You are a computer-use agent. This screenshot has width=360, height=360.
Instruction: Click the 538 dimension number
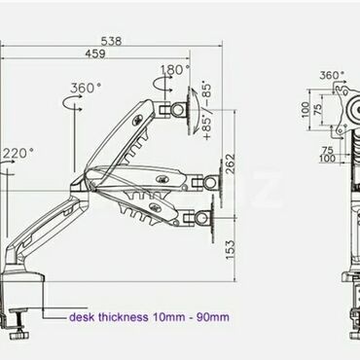point(111,41)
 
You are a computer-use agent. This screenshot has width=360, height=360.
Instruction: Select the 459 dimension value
point(95,54)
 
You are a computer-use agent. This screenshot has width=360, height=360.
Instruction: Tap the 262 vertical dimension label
point(230,163)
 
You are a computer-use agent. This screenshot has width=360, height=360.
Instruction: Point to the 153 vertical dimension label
point(230,250)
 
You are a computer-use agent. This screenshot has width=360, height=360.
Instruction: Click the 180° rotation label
point(175,69)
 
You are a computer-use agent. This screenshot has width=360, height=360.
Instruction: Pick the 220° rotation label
point(18,153)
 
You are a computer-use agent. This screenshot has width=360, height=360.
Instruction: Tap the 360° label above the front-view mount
point(332,75)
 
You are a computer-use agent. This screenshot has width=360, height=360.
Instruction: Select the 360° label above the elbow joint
point(86,88)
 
